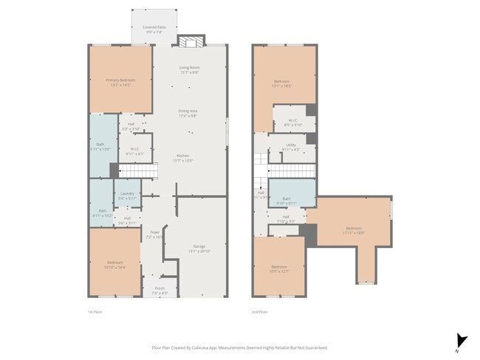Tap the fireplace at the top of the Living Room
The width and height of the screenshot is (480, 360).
tap(191, 41)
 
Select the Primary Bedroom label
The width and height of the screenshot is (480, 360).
tap(121, 82)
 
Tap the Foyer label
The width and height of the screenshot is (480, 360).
tap(154, 233)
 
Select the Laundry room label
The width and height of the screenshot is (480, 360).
tap(127, 195)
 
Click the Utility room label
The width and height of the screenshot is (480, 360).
tap(291, 147)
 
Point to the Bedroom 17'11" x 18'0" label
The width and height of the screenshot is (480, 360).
tap(352, 230)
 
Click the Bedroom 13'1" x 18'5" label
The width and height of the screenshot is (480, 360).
tap(282, 83)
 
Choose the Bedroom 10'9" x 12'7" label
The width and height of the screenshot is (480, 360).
tap(278, 268)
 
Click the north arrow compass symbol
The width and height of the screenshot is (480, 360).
tap(462, 340)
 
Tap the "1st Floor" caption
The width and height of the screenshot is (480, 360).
tap(95, 312)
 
